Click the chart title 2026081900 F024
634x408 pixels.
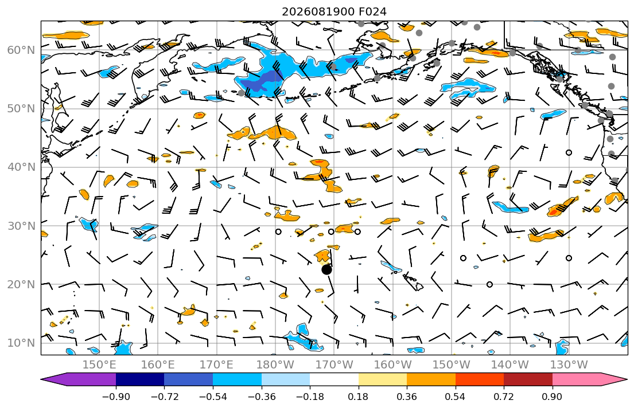[334, 11]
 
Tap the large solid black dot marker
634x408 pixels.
[326, 269]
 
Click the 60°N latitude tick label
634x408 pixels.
[21, 50]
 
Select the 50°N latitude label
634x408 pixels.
[21, 109]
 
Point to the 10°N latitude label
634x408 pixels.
[21, 343]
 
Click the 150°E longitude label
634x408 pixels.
[99, 365]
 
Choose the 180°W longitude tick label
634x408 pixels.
[275, 365]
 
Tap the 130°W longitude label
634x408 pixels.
[569, 365]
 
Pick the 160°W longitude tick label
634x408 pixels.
[392, 365]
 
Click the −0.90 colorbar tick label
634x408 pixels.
[116, 397]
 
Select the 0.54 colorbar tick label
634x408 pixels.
[456, 397]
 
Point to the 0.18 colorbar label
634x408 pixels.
[358, 397]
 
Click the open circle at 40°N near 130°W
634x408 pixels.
[569, 152]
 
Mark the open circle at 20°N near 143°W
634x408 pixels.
[489, 284]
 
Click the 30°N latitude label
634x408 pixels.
[21, 226]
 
